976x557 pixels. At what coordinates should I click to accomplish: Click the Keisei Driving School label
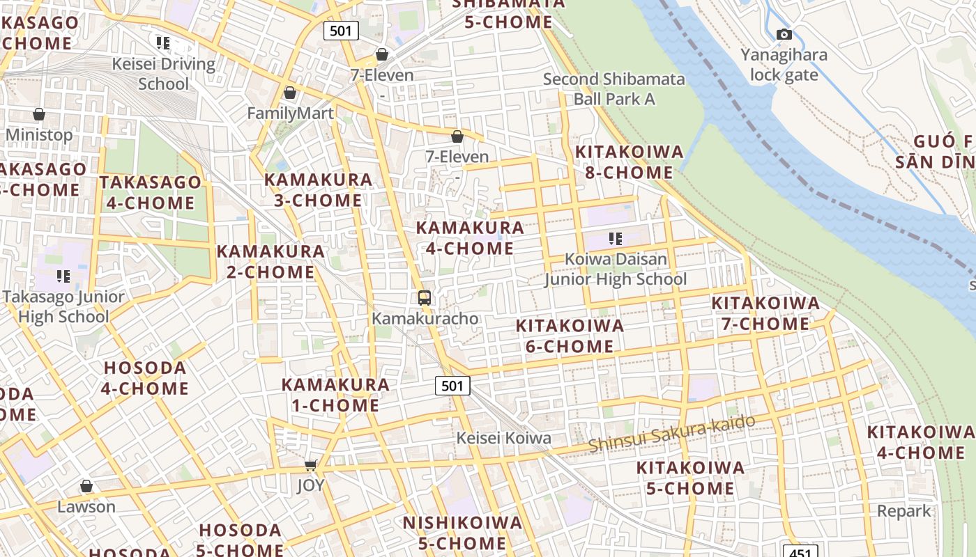pos(164,74)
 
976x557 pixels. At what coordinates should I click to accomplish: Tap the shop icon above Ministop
pos(39,114)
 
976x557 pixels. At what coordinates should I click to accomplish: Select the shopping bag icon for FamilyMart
pos(290,93)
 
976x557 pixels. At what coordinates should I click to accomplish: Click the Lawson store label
pos(86,506)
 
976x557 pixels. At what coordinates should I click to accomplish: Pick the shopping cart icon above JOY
pos(311,465)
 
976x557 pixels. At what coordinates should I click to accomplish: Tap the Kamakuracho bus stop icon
pos(424,298)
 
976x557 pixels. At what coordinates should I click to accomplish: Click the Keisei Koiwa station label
pos(503,438)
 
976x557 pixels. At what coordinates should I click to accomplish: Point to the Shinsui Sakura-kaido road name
pos(671,433)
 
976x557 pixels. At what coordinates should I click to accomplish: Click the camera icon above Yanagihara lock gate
pos(784,34)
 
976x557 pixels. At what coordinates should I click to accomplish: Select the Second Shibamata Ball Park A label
pos(614,89)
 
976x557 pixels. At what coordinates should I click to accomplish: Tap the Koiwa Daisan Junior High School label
pos(616,269)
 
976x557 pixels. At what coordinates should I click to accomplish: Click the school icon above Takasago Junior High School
pos(63,276)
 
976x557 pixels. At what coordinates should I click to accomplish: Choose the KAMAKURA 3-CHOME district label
pos(318,190)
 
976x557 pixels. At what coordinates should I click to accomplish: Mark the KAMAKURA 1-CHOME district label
pos(335,395)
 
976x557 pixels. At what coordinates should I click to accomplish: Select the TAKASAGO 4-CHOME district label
pos(150,193)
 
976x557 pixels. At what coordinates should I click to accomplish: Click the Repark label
pos(903,511)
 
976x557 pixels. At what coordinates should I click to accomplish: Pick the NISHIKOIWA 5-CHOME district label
pos(462,533)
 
